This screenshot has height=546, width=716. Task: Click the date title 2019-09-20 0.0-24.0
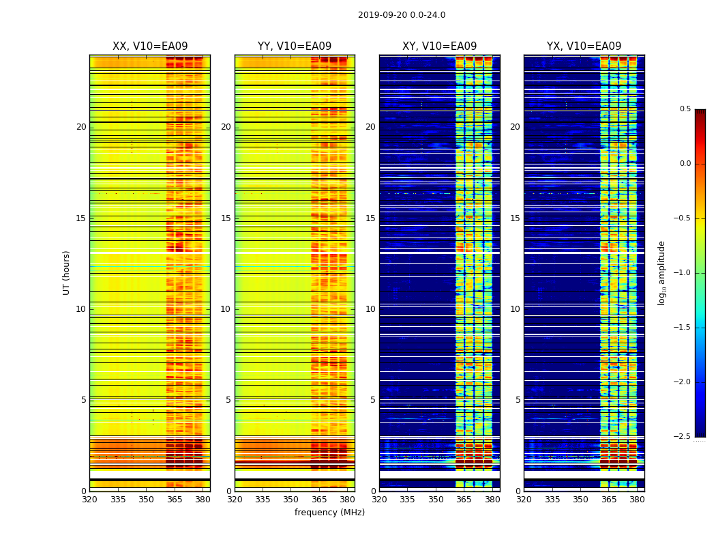(x=402, y=15)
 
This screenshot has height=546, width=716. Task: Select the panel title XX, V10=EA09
(x=150, y=46)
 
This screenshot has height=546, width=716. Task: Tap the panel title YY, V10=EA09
(x=295, y=46)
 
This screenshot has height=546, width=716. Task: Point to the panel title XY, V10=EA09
(x=440, y=46)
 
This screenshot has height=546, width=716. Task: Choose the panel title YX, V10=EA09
(x=584, y=46)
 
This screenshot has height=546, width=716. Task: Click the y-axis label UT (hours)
(x=66, y=272)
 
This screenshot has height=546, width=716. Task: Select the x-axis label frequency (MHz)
(x=329, y=513)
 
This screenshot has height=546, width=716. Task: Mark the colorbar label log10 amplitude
(x=661, y=272)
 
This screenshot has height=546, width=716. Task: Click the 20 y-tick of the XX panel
(x=81, y=127)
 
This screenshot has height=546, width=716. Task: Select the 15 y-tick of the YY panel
(x=226, y=218)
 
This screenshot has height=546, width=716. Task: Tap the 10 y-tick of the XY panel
(x=370, y=309)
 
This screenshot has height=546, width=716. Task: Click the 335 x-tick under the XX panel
(x=118, y=500)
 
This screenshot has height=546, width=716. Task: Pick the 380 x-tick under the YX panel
(x=637, y=500)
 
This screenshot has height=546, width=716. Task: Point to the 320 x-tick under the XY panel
(x=379, y=500)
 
